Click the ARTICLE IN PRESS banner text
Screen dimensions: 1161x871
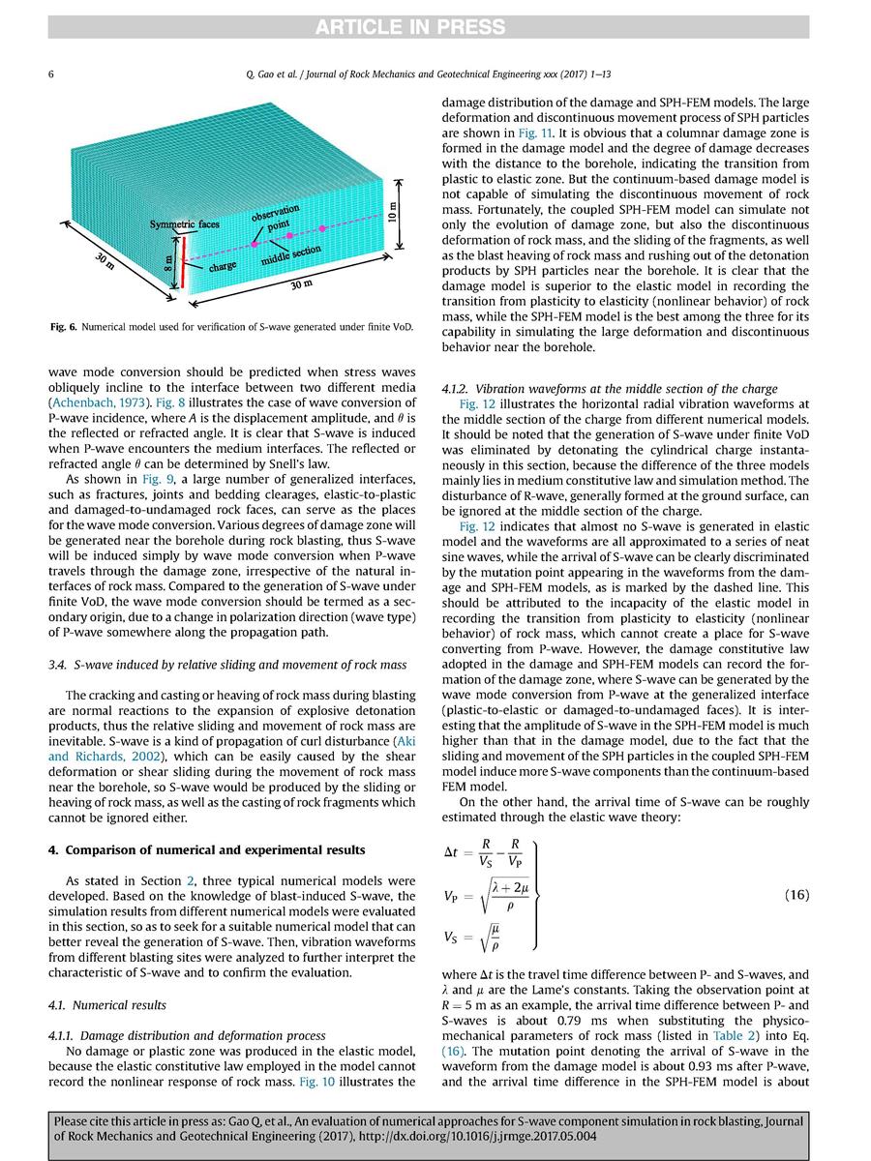tap(435, 25)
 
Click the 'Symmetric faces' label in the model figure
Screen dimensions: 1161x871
tap(184, 224)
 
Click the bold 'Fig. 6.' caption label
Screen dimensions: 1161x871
tap(66, 325)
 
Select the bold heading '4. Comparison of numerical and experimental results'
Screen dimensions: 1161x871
tap(208, 849)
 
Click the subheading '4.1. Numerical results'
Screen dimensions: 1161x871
tap(107, 1004)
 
